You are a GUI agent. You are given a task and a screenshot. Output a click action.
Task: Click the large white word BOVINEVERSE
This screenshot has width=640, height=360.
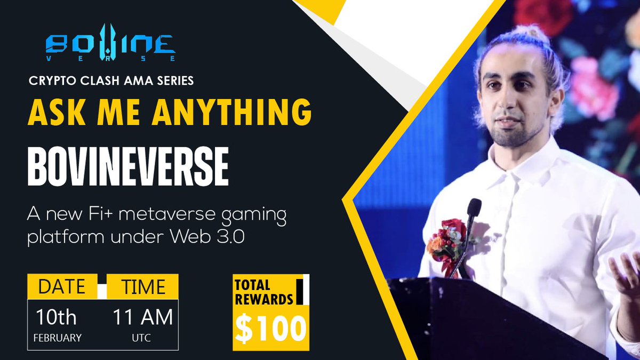click(128, 167)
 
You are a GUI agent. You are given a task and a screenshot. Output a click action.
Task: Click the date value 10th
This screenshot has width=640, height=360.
click(56, 317)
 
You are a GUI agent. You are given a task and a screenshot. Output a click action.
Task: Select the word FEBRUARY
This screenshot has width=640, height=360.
click(58, 338)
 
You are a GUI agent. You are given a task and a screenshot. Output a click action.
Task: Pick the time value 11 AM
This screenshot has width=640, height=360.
click(142, 317)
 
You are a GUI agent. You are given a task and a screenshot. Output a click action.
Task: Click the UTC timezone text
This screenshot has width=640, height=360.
click(142, 338)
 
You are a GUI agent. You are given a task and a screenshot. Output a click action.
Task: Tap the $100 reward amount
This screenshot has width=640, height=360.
click(271, 328)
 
